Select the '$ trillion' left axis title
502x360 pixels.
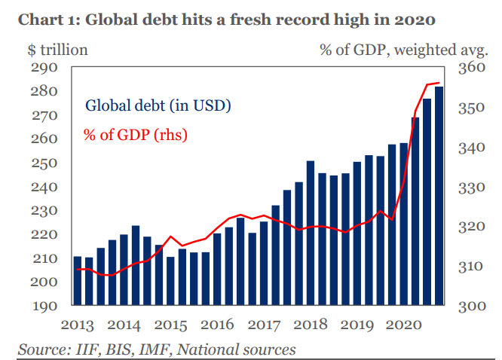[57, 50]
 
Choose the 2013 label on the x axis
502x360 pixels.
[78, 326]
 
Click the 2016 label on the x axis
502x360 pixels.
[218, 326]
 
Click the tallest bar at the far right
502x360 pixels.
[439, 196]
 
